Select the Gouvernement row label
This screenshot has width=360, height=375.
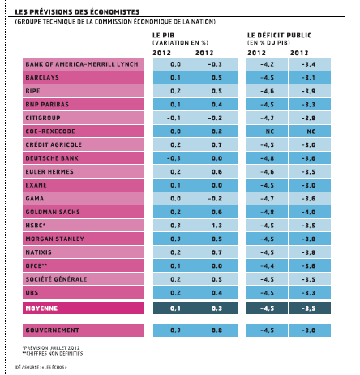coord(52,330)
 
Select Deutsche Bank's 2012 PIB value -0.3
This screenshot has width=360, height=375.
coord(174,159)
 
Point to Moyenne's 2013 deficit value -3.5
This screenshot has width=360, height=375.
coord(309,308)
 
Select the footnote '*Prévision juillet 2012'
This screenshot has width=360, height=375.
coord(53,349)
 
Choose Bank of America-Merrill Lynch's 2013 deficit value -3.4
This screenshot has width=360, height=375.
coord(309,63)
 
